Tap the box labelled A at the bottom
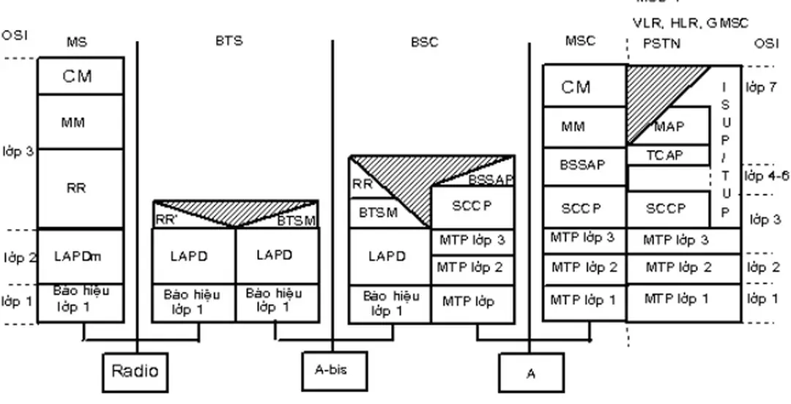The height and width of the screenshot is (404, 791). [x=531, y=373]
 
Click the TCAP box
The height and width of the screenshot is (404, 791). [x=666, y=155]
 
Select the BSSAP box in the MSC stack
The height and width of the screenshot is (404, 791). [x=583, y=165]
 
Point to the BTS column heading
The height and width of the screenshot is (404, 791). [x=229, y=42]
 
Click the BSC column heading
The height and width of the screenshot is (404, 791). [x=425, y=42]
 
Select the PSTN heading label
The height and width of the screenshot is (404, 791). [x=662, y=44]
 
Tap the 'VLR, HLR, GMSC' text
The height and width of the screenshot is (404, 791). [x=691, y=23]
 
